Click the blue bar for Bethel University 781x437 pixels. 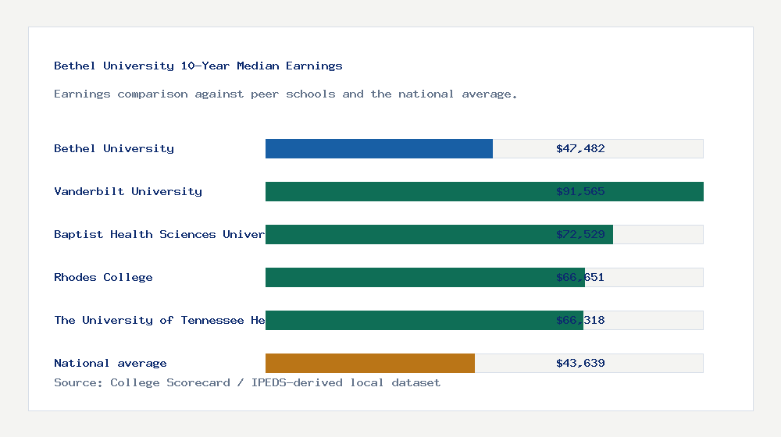(x=379, y=148)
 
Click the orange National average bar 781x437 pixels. (x=370, y=363)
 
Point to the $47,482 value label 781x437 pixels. (x=580, y=148)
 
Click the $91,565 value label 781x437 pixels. (x=580, y=191)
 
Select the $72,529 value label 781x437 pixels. (x=580, y=234)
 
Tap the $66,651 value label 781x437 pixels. (x=580, y=277)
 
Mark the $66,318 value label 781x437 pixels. (x=580, y=320)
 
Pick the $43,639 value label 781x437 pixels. (x=580, y=363)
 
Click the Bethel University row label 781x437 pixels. (x=114, y=148)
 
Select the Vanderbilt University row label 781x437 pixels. (x=128, y=191)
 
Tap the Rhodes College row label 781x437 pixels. (x=103, y=277)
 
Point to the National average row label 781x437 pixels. (x=110, y=363)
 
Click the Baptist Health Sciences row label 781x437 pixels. (x=159, y=234)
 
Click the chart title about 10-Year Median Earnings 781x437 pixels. (x=198, y=66)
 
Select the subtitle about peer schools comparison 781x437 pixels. (x=286, y=94)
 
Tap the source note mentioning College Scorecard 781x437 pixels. (x=247, y=382)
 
